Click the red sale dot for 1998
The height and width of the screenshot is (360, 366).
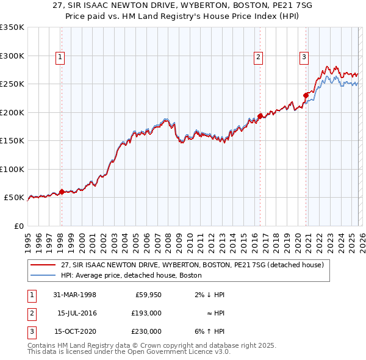62,192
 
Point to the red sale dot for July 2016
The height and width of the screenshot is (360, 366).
260,116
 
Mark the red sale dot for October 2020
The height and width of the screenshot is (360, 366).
306,95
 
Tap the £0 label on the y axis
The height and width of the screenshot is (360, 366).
18,226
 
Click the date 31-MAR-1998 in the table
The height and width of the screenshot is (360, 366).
75,295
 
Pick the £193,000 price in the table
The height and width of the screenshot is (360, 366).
147,313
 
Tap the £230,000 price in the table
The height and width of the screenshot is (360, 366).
147,331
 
